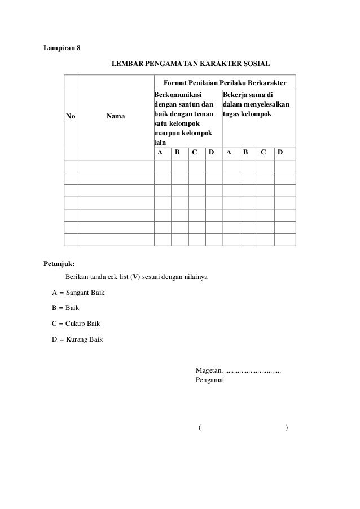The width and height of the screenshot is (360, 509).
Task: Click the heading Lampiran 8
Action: (x=62, y=47)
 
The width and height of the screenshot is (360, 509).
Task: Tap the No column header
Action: (x=71, y=117)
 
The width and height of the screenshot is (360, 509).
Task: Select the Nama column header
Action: (x=116, y=117)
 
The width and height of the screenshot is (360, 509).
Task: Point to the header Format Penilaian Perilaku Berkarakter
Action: (x=225, y=82)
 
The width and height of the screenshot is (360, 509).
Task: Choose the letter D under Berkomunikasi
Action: (x=211, y=152)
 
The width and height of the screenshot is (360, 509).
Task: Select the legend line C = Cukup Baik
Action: (x=76, y=324)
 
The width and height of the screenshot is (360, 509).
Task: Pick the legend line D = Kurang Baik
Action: (x=77, y=340)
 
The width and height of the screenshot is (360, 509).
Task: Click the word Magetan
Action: (x=209, y=370)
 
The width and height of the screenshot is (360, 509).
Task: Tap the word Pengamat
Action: (x=210, y=380)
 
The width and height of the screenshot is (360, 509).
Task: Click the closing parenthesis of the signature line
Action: (x=287, y=428)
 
